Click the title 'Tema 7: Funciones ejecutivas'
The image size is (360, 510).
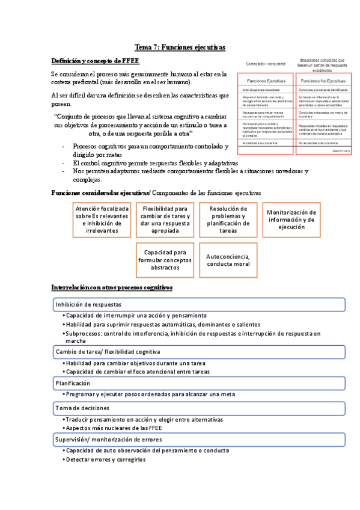click(180, 48)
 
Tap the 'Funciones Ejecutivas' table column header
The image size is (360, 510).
click(265, 80)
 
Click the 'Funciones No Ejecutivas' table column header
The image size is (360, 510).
click(323, 80)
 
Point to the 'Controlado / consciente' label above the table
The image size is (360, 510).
click(264, 63)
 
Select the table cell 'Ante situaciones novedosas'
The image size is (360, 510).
click(265, 89)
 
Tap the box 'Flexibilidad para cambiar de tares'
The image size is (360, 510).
click(165, 219)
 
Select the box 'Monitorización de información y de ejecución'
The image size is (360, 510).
click(291, 219)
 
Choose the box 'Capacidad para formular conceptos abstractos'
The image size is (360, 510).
click(165, 260)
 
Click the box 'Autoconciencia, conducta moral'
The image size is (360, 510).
click(228, 260)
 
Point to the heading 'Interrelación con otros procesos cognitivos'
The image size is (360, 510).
click(112, 287)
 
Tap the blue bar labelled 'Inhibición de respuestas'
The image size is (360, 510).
click(198, 304)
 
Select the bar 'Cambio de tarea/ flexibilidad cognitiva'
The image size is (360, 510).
click(198, 352)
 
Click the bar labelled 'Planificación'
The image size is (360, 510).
click(198, 383)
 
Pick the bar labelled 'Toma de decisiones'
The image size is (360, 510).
click(198, 408)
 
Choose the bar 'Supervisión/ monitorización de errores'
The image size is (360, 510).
click(198, 440)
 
